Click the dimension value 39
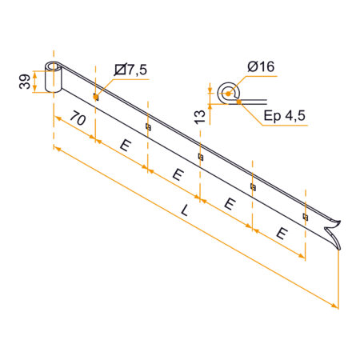pos(25,82)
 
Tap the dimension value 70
pos(78,118)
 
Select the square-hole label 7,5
pos(130,70)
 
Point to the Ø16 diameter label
pos(261,66)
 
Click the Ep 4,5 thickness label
pos(284,116)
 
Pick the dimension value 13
pos(200,117)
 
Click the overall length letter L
pos(185,210)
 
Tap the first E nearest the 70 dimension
pos(126,146)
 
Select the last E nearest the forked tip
pos(282,234)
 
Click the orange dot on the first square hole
pos(95,97)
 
